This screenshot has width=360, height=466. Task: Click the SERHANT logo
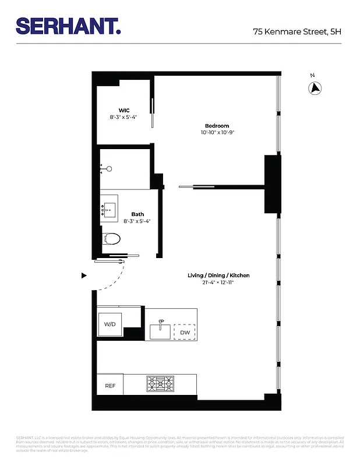pos(68,26)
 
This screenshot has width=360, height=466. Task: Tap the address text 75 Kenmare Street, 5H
pos(297,32)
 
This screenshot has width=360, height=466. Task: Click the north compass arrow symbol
pos(315,88)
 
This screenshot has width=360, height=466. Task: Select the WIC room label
pos(123,110)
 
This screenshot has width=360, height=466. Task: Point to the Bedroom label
pos(217,126)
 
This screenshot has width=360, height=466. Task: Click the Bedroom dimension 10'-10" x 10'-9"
pos(217,133)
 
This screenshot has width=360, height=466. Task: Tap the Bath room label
pos(137,214)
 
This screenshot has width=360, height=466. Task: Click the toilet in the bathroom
pos(111,239)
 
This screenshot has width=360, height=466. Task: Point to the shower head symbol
pos(108,169)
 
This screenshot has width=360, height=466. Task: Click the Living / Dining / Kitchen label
pos(218,275)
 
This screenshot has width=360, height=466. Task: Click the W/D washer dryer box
pos(110,324)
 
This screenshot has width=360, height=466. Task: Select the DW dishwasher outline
pos(185,332)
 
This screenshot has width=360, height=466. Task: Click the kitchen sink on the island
pos(160,330)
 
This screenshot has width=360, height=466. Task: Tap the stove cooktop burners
pos(160,384)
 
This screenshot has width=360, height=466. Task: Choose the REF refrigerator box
pos(110,386)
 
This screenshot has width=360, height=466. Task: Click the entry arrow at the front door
pos(84,276)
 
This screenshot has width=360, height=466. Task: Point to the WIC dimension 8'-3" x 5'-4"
pos(123,117)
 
